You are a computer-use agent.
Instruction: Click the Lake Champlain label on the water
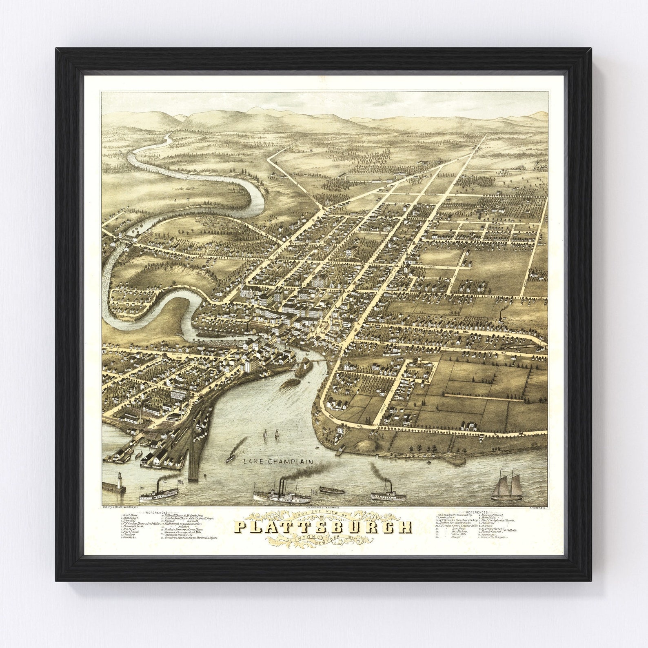click(x=278, y=462)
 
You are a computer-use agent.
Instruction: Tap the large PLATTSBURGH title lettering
click(x=322, y=528)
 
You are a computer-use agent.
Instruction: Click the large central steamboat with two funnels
click(x=282, y=495)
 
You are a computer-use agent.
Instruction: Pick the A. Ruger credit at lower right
click(x=537, y=508)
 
